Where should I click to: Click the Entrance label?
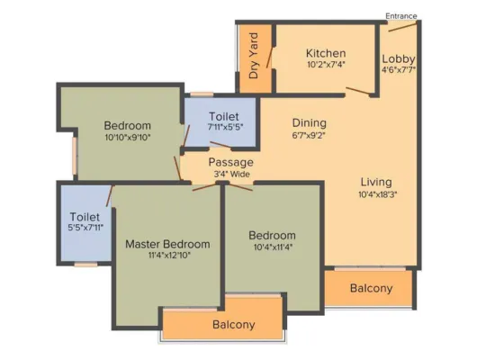point(400,16)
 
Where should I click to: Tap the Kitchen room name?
point(326,53)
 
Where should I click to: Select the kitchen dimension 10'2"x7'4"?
point(326,65)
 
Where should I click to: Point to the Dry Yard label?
point(254,56)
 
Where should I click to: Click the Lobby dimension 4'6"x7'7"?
point(399,70)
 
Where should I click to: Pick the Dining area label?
point(309,122)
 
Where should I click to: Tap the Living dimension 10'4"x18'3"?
point(378,194)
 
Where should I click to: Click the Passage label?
point(230,162)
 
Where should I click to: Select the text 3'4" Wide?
point(231,174)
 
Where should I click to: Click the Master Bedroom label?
point(167,244)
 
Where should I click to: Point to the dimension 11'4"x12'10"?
point(169,256)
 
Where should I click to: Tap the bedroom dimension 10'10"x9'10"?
point(128,138)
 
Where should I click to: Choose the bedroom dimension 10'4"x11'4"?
point(273,247)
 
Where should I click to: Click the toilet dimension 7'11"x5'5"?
point(225,128)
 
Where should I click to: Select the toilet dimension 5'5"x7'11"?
point(85,228)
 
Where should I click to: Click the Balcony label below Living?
point(371,288)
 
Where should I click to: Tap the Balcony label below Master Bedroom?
point(234,324)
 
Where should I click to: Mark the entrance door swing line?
point(403,26)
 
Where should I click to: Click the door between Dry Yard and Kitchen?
point(269,58)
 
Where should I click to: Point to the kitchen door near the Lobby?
point(357,91)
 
